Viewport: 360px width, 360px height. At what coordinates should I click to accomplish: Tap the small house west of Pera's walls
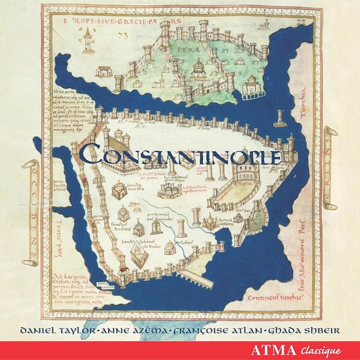[102, 71]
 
